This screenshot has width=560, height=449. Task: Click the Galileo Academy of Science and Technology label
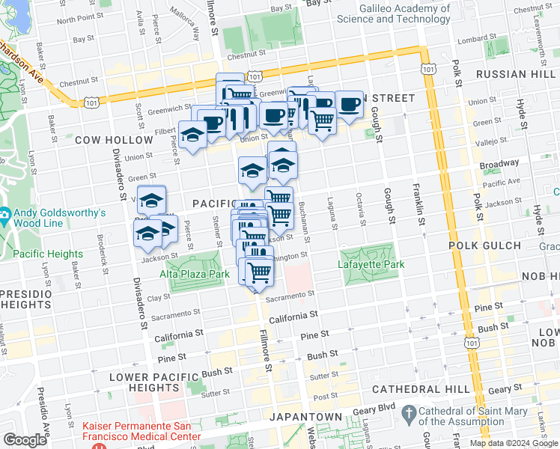(x=393, y=14)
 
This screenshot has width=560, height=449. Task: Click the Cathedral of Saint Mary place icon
(x=409, y=413)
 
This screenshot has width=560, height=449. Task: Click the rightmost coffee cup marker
(x=348, y=106)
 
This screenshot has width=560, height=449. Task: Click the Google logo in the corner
(x=25, y=440)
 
